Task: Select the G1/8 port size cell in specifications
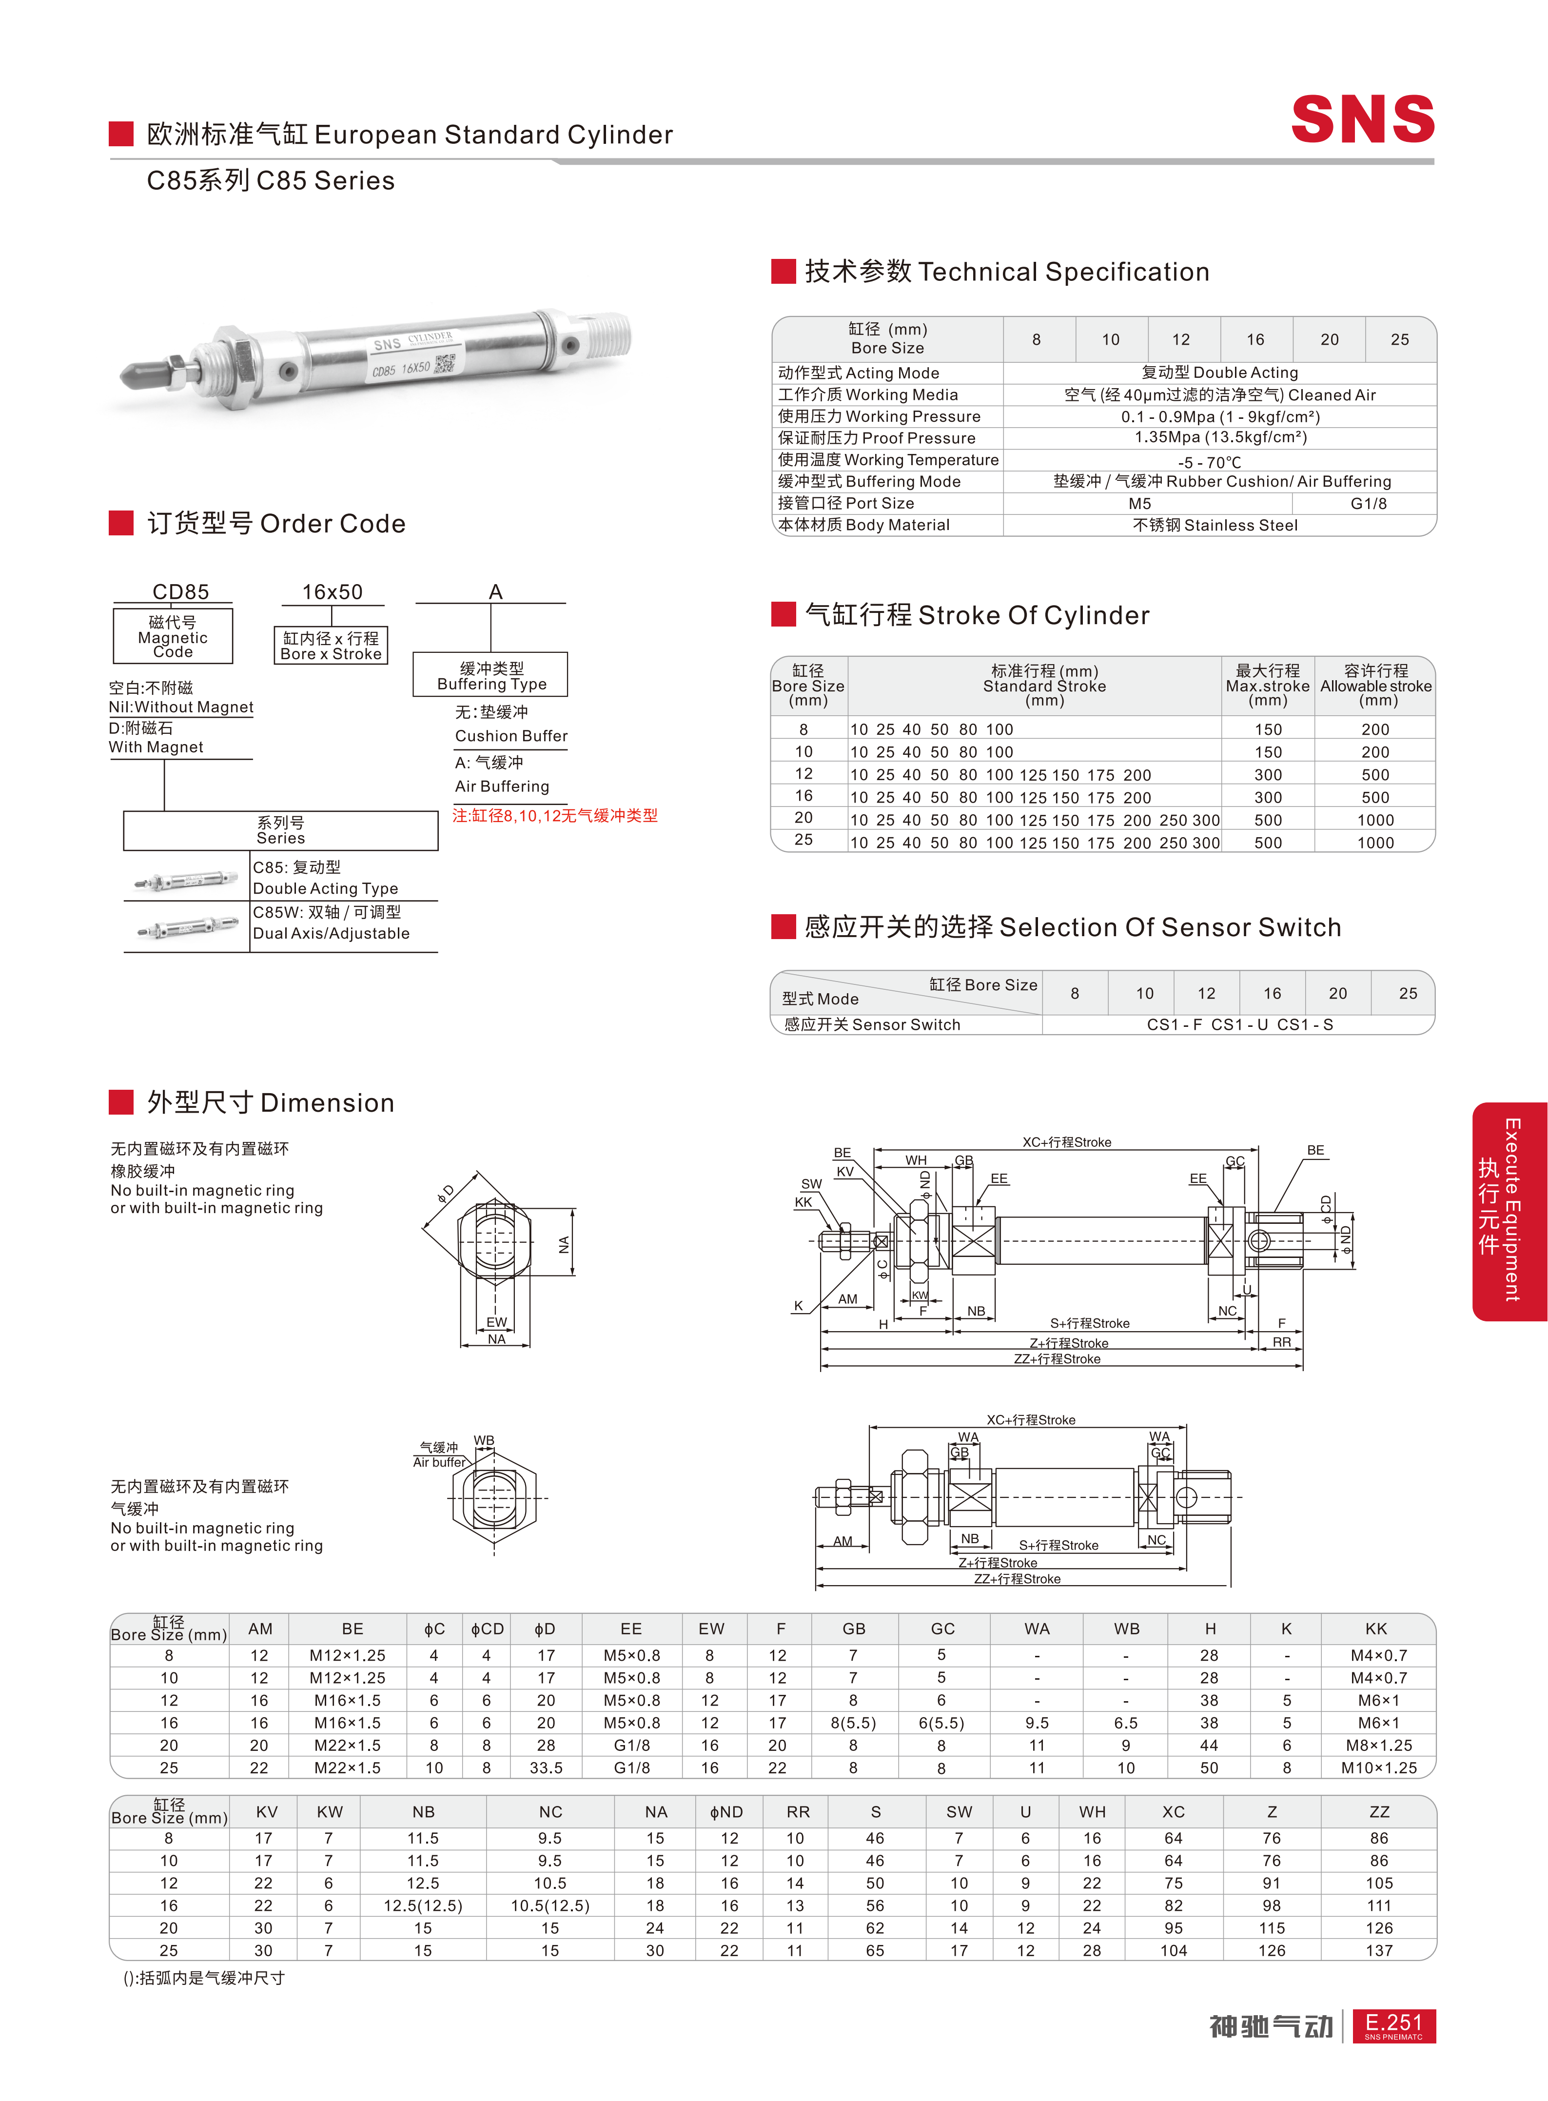1368,503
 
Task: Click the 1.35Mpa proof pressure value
1220,438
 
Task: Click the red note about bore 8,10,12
555,815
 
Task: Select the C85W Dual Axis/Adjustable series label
331,923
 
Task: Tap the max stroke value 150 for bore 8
1268,729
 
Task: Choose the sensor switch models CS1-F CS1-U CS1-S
1239,1024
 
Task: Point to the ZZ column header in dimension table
1378,1811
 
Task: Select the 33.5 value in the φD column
546,1767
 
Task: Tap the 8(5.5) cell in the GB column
853,1723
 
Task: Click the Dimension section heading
270,1103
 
